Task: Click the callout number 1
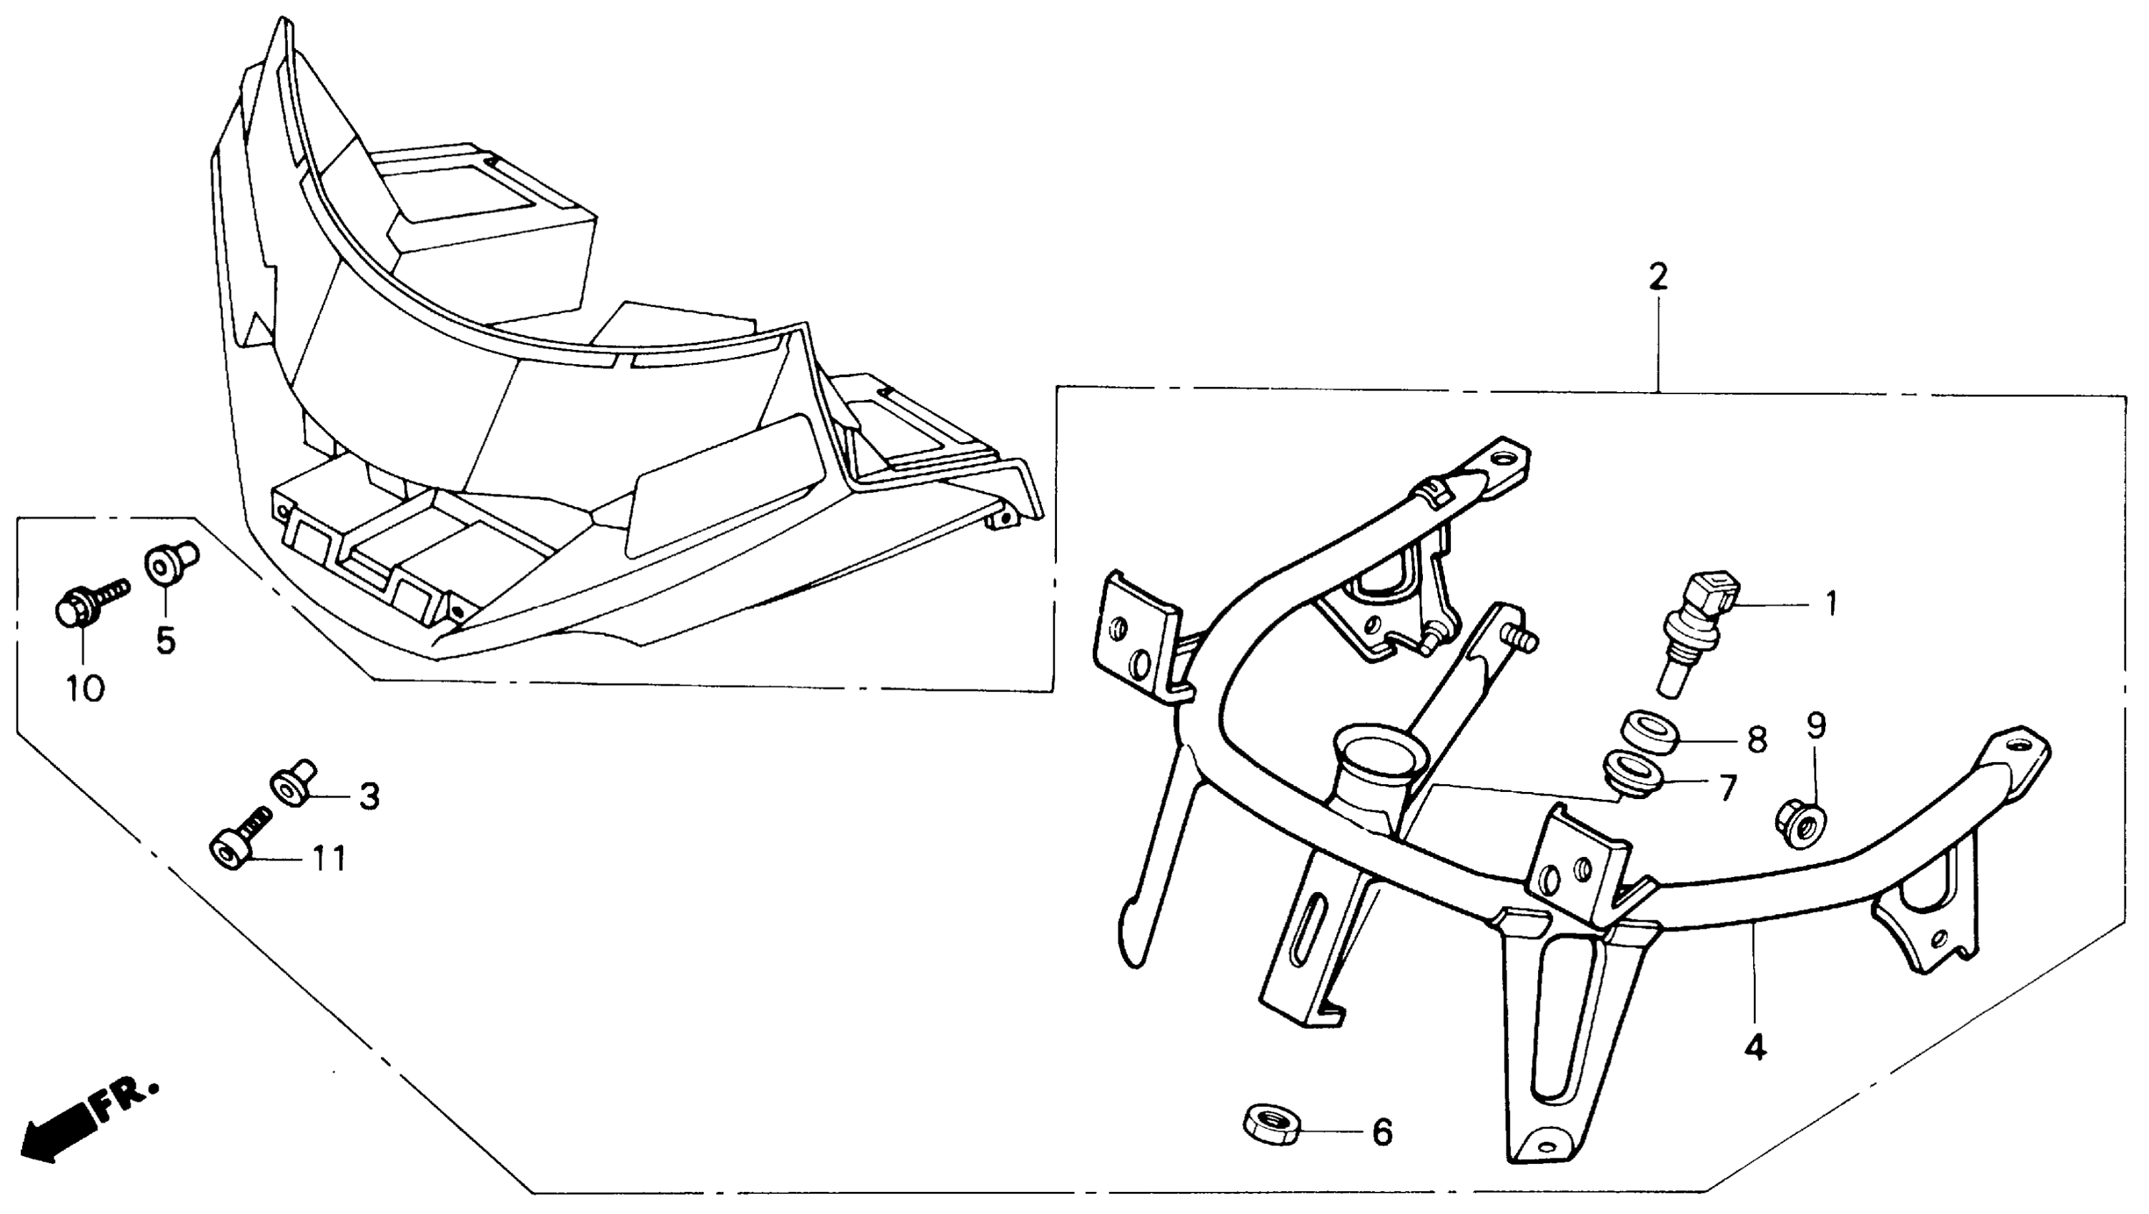pos(1831,603)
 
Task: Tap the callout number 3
pos(369,796)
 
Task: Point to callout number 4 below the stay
pos(1755,1047)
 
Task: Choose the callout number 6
pos(1382,1133)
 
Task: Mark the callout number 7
pos(1727,786)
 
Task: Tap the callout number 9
pos(1816,726)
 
